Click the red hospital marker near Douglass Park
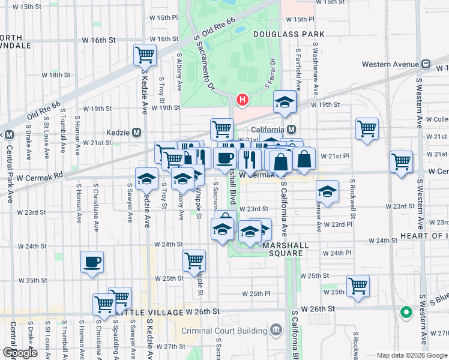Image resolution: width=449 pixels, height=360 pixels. click(243, 100)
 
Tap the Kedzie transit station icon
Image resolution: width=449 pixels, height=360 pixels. click(137, 132)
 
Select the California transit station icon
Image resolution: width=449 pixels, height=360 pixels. click(292, 130)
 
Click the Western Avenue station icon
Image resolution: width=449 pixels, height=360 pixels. click(426, 64)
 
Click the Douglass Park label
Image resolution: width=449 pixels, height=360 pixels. click(279, 35)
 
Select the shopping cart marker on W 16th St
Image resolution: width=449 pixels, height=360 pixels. click(145, 55)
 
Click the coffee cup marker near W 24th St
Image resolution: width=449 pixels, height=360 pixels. click(92, 262)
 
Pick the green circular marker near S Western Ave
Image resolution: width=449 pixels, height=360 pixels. click(406, 312)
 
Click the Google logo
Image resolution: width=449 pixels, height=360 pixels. click(19, 353)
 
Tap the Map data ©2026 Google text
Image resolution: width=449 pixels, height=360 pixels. click(412, 355)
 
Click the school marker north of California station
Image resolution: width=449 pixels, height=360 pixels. click(285, 101)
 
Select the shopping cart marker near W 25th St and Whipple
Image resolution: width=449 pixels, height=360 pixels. click(194, 260)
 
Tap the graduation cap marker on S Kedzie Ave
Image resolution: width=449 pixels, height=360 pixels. click(146, 178)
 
